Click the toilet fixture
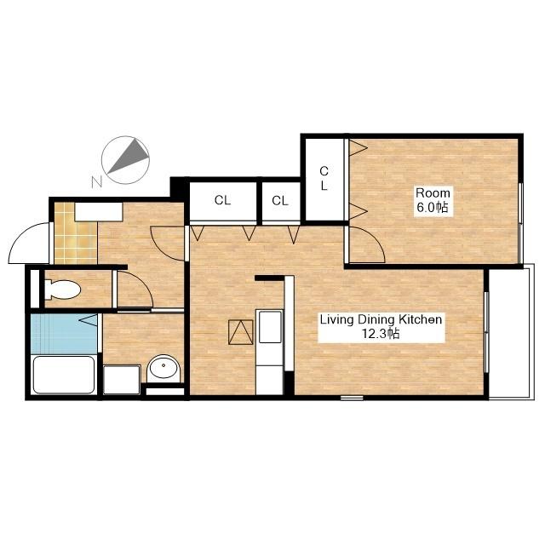(62, 290)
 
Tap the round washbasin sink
(163, 369)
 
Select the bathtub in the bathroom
(64, 375)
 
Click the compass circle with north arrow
(125, 160)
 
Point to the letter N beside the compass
(97, 181)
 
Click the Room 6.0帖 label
(433, 200)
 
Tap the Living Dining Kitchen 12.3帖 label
(381, 326)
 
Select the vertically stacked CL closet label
(324, 178)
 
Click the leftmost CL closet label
(222, 200)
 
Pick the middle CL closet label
(280, 201)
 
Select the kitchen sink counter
(270, 352)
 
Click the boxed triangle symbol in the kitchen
(241, 332)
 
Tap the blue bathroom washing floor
(64, 334)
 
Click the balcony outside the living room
(511, 332)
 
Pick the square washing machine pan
(122, 380)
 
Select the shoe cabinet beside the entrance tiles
(99, 212)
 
